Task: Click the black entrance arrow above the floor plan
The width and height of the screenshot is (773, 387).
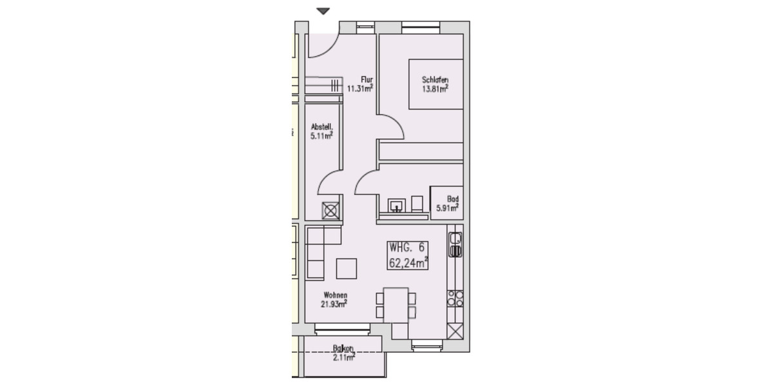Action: coord(323,11)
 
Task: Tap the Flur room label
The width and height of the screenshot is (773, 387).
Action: coord(367,80)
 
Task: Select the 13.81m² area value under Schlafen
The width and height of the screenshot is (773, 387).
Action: coord(435,89)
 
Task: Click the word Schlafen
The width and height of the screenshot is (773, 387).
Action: coord(435,80)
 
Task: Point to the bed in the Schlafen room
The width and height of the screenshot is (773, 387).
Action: coord(435,84)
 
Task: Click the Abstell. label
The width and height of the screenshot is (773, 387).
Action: coord(321,127)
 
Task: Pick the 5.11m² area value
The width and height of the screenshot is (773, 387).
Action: coord(321,136)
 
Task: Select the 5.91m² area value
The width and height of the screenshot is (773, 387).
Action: coord(447,208)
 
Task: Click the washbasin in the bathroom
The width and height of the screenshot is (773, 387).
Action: coord(396,205)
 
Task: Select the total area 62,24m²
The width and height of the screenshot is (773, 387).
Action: coord(408,263)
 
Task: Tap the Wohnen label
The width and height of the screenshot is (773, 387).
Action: coord(334,295)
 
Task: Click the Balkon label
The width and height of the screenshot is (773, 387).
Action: coord(344,348)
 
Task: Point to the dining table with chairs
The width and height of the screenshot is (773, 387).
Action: coord(396,304)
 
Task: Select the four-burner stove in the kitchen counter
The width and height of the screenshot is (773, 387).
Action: coord(455,297)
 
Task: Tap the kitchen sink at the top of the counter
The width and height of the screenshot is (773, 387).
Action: coord(455,245)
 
